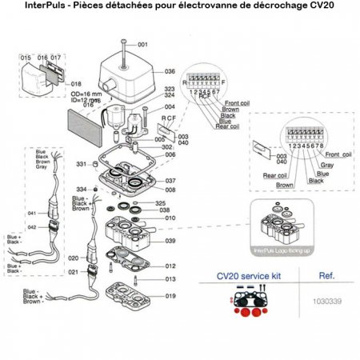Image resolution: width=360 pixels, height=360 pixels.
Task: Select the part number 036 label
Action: [170, 71]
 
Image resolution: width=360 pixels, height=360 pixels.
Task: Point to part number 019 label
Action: [170, 295]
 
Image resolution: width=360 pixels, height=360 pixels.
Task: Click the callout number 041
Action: [32, 214]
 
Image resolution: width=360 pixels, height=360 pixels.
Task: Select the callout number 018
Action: [77, 83]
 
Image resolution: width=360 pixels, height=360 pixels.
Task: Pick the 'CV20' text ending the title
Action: [318, 8]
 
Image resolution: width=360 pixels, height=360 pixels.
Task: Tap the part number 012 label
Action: [170, 266]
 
